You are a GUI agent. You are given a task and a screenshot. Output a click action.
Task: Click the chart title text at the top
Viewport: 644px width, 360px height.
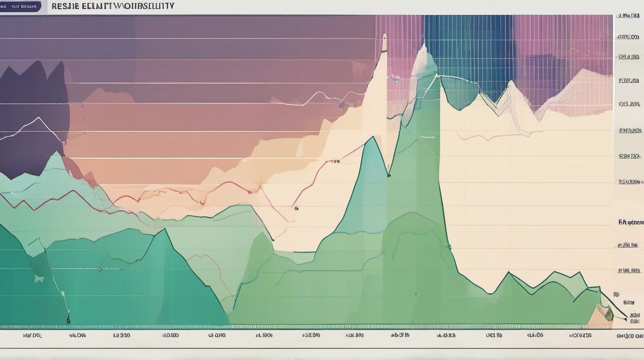pyautogui.click(x=112, y=6)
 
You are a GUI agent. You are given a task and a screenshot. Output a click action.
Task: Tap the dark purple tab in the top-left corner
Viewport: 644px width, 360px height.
pyautogui.click(x=21, y=6)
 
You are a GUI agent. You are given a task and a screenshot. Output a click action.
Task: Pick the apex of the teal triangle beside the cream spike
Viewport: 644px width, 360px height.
pyautogui.click(x=374, y=137)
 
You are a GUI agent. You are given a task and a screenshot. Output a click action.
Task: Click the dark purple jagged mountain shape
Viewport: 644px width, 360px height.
pyautogui.click(x=32, y=116)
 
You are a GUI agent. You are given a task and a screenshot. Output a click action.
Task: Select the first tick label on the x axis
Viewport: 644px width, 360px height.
pyautogui.click(x=32, y=335)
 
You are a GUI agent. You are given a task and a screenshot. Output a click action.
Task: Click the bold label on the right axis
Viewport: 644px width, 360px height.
pyautogui.click(x=630, y=222)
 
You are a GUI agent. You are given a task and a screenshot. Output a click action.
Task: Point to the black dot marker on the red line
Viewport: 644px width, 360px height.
pyautogui.click(x=296, y=208)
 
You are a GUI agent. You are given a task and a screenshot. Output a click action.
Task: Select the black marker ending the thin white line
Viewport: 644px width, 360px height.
pyautogui.click(x=68, y=320)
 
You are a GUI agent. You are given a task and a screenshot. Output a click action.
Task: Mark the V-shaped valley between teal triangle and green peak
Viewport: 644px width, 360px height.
pyautogui.click(x=389, y=175)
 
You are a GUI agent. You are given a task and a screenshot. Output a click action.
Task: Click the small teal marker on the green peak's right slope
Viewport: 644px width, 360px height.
pyautogui.click(x=449, y=246)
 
